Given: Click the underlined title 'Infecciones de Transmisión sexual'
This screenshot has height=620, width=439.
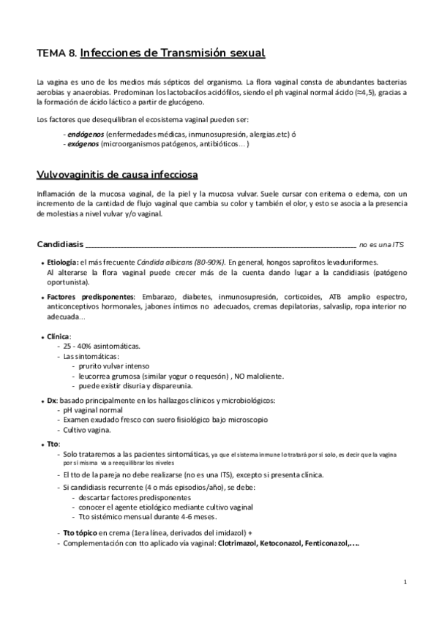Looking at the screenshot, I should (172, 53).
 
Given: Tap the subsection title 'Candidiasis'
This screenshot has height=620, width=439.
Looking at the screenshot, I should (61, 243).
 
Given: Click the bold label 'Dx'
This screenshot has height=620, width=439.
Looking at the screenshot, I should (51, 401).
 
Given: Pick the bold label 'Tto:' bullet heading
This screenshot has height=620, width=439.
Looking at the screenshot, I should (53, 444).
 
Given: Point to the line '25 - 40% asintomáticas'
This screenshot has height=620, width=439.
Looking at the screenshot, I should (102, 346).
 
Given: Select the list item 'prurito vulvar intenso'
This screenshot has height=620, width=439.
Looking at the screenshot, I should (118, 366).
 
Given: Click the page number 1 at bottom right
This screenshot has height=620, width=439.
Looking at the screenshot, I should (405, 582).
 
